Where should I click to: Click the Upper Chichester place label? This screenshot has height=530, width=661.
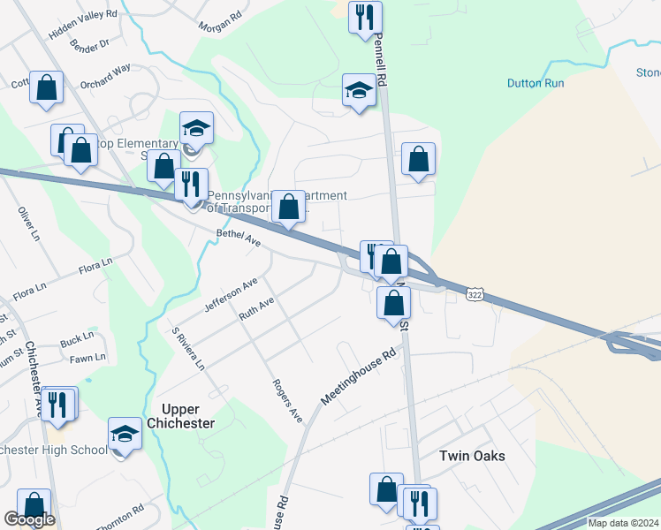(x=187, y=416)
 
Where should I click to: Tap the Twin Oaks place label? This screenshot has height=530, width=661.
(x=473, y=456)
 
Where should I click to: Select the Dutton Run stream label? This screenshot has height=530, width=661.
(x=536, y=84)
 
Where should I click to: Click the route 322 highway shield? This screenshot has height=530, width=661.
(x=476, y=293)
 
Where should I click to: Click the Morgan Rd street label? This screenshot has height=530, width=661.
(x=220, y=21)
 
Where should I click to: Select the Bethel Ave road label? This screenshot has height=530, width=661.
(x=239, y=238)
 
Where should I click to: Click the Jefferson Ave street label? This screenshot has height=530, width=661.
(x=231, y=294)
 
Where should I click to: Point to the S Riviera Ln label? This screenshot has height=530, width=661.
(x=188, y=349)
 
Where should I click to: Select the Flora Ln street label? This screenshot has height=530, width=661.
(x=95, y=265)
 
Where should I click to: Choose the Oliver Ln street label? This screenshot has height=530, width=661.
(x=29, y=224)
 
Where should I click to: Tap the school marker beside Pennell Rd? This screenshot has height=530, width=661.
(x=359, y=90)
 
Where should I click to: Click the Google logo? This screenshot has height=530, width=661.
(x=29, y=519)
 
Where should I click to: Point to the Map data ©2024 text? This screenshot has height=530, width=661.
(x=621, y=523)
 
